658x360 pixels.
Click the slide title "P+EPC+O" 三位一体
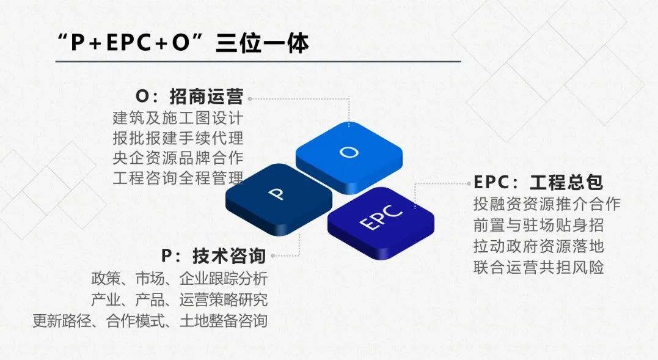tap(183, 43)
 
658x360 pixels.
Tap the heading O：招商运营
tap(189, 97)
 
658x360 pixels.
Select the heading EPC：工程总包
tap(538, 183)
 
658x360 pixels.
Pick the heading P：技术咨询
tap(214, 256)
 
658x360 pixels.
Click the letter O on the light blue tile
tap(349, 152)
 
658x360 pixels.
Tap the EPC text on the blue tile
tap(381, 217)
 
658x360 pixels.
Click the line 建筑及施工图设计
tap(178, 118)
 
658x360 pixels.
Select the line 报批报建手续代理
tap(178, 138)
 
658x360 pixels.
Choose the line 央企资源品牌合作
tap(178, 158)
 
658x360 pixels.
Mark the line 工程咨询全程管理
tap(178, 178)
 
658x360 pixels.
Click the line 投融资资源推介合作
tap(547, 204)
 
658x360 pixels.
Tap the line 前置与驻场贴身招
tap(538, 226)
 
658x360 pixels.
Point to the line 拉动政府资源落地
tap(538, 246)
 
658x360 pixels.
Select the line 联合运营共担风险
tap(538, 267)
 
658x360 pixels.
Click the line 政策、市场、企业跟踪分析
tap(180, 279)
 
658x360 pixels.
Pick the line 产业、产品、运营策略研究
tap(180, 299)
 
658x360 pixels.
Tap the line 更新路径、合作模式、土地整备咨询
tap(150, 321)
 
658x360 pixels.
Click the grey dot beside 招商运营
tap(250, 99)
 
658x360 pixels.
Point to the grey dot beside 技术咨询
tap(272, 255)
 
